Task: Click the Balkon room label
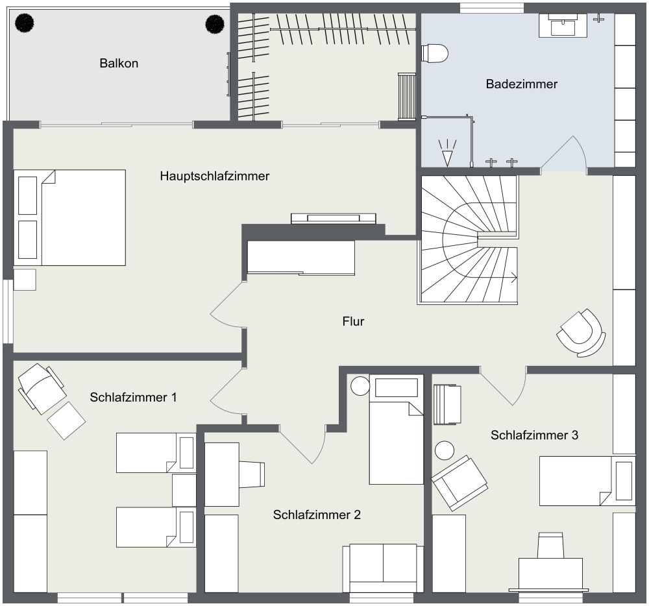click(119, 64)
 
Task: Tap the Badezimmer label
click(522, 84)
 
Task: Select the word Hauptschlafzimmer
click(214, 176)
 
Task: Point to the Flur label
click(353, 321)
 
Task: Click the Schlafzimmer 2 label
click(317, 515)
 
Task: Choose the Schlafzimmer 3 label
click(534, 435)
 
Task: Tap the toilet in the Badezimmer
click(435, 53)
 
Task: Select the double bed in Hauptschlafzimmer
click(69, 217)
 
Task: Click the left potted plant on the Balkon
click(25, 23)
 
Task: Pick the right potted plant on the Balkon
click(215, 23)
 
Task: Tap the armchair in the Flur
click(580, 333)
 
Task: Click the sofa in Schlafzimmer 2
click(383, 568)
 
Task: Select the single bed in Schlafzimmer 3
click(587, 481)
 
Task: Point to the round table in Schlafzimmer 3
click(445, 450)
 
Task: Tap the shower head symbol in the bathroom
click(447, 152)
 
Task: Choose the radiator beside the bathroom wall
click(407, 97)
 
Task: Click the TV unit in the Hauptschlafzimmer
click(333, 219)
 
